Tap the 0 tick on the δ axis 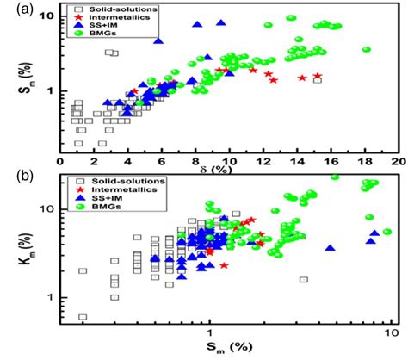coord(61,160)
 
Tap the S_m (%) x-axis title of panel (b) coord(226,350)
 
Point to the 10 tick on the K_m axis coord(49,209)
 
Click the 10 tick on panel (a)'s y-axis coord(49,16)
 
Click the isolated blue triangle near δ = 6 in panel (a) coord(158,40)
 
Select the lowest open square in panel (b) coord(83,317)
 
